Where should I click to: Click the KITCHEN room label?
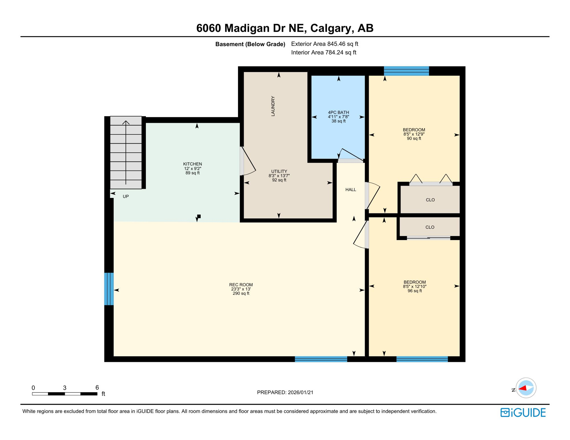[192, 164]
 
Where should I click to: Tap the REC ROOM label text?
[241, 285]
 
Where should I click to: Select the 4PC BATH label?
[338, 113]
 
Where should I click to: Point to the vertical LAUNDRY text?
[273, 106]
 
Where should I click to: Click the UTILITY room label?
[279, 171]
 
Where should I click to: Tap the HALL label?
[351, 190]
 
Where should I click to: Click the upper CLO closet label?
[430, 200]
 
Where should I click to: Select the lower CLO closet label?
[430, 227]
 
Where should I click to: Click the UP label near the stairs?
[126, 197]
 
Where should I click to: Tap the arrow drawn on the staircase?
[126, 152]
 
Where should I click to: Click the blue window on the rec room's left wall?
[109, 289]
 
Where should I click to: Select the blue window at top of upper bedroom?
[406, 71]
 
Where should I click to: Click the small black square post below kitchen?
[199, 216]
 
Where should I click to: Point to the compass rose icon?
[526, 388]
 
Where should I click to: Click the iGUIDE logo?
[523, 412]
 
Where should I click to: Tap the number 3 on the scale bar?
[65, 388]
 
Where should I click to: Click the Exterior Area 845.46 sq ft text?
[325, 44]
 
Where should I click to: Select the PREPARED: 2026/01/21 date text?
[285, 392]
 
